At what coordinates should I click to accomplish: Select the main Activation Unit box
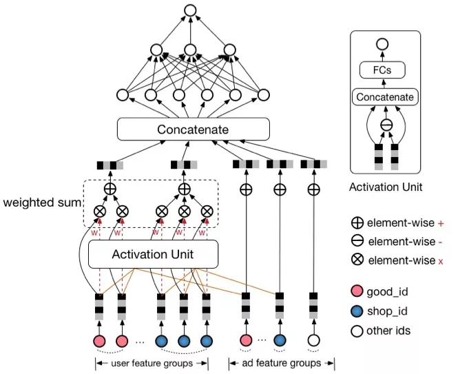(153, 254)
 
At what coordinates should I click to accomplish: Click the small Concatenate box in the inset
(386, 97)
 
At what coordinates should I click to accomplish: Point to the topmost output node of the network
(190, 11)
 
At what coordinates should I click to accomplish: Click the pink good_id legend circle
(357, 292)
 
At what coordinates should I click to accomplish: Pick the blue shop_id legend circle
(357, 311)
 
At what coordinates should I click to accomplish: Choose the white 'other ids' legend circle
(357, 331)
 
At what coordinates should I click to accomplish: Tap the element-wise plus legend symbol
(357, 223)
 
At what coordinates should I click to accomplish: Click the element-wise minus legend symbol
(357, 241)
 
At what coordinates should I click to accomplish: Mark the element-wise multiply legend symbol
(357, 260)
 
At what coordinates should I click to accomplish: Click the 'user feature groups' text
(151, 363)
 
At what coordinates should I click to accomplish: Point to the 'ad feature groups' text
(281, 363)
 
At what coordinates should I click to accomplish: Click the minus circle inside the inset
(386, 125)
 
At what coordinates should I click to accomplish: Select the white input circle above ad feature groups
(314, 341)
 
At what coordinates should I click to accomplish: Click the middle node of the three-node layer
(190, 50)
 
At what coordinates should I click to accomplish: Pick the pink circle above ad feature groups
(246, 341)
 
